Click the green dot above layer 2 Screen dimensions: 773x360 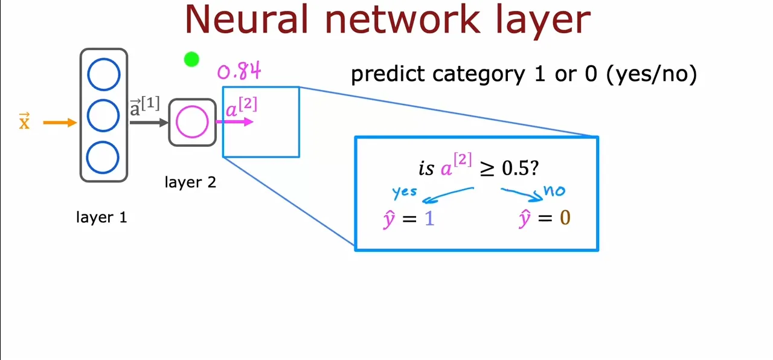tap(191, 59)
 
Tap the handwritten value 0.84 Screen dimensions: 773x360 tap(239, 71)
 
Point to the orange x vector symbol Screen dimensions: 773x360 tap(24, 121)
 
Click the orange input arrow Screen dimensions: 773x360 tap(60, 123)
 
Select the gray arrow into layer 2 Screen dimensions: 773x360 tap(149, 123)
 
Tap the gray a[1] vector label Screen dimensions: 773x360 tap(144, 106)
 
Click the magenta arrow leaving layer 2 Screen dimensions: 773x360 tap(235, 121)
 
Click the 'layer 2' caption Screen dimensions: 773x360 tap(190, 182)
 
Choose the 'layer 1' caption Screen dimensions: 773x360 tap(101, 217)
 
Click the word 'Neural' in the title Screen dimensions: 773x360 tap(246, 20)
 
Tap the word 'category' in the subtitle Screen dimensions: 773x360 tap(478, 75)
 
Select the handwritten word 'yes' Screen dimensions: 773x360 tap(405, 191)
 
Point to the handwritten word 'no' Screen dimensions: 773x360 tap(554, 190)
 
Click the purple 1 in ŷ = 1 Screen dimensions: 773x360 tap(429, 219)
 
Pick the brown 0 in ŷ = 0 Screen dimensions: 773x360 tap(565, 218)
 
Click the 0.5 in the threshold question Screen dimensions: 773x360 tap(516, 168)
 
